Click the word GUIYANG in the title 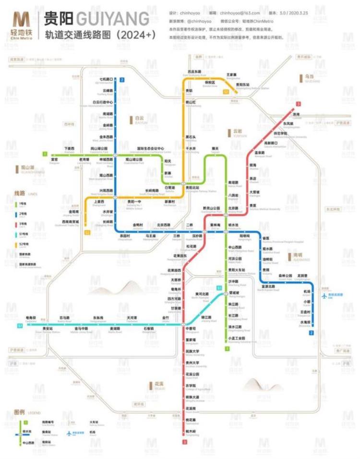tap(112, 19)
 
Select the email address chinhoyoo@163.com tap(242, 13)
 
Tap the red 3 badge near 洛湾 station tap(299, 104)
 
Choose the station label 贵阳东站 tap(242, 84)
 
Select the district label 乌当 tap(309, 76)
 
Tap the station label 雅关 tap(215, 149)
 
